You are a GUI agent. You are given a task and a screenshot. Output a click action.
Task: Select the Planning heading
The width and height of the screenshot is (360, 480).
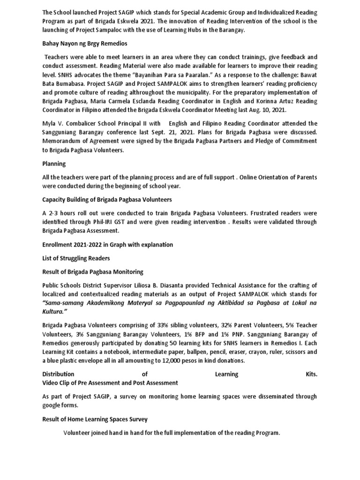coord(54,164)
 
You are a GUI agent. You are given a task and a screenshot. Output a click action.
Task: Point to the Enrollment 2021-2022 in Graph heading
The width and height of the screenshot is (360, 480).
coord(107,245)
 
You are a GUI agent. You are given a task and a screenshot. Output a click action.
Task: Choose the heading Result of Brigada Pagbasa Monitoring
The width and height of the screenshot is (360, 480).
coord(93,272)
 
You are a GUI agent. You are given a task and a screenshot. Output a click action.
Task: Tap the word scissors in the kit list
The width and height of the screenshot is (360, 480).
coord(293,352)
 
